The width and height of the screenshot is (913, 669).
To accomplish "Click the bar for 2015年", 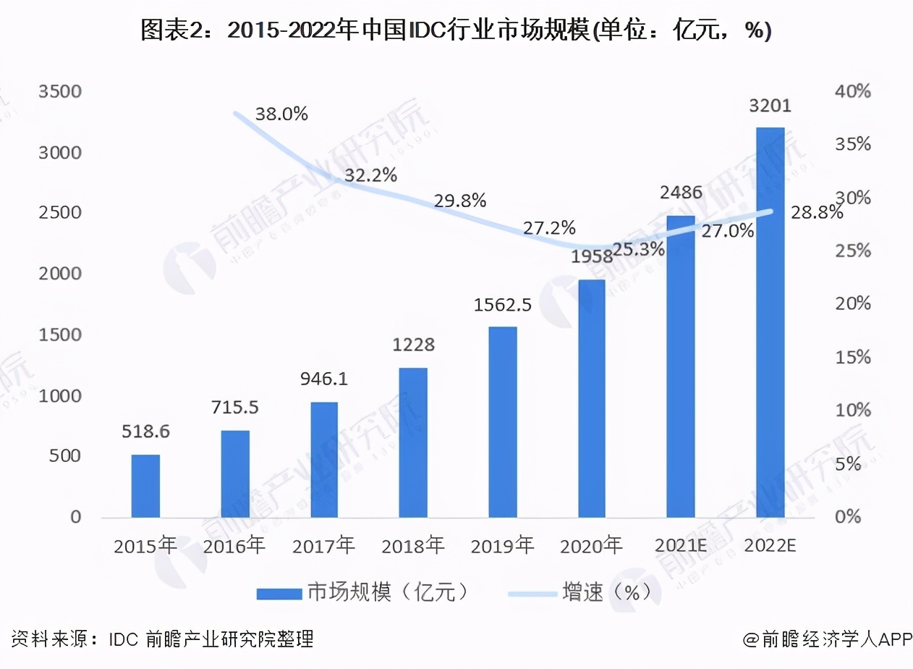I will [x=145, y=486].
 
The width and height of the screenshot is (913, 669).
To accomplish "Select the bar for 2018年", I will [x=413, y=442].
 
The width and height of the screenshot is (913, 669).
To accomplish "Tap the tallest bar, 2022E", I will [x=770, y=322].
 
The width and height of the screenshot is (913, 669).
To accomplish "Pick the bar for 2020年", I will [x=591, y=398].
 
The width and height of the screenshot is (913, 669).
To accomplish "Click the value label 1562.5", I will [x=502, y=305].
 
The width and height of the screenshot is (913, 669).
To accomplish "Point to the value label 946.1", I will [x=324, y=379].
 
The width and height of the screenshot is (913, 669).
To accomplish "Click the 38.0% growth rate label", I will [x=281, y=114].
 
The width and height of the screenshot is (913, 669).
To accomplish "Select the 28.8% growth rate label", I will [x=816, y=212].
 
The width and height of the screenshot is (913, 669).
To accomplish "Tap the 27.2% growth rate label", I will [x=549, y=229].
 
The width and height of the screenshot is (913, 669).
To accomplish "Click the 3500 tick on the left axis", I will [x=61, y=92].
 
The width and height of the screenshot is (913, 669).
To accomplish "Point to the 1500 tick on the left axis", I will [x=61, y=335].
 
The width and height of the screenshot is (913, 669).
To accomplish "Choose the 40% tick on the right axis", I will [x=853, y=92].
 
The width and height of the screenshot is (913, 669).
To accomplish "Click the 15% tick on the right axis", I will [x=853, y=358].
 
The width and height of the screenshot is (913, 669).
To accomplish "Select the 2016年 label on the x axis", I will [x=234, y=545].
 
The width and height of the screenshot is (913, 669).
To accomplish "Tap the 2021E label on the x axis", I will [x=681, y=545].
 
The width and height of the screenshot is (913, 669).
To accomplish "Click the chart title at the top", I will [x=456, y=30].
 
